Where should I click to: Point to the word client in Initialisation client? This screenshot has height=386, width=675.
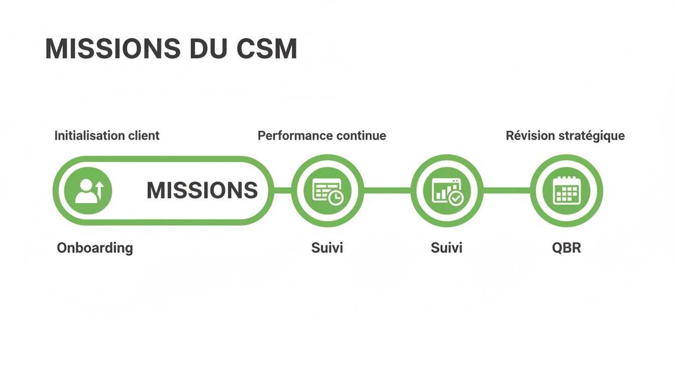[x=143, y=136]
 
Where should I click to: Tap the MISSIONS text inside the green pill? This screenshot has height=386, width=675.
[x=202, y=191]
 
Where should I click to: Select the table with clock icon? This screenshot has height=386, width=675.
[x=327, y=191]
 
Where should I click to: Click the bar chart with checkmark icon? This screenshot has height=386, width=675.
[x=447, y=191]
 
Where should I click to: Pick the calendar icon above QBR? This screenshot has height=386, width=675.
[x=566, y=191]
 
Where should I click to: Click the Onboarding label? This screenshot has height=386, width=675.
[x=95, y=248]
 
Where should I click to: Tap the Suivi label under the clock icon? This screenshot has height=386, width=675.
[x=327, y=248]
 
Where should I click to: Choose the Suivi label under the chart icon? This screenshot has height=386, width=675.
[x=446, y=248]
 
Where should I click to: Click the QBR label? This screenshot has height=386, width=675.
[x=566, y=248]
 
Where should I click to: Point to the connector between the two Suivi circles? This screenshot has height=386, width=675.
[x=387, y=190]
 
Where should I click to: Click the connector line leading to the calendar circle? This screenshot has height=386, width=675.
[x=506, y=190]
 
